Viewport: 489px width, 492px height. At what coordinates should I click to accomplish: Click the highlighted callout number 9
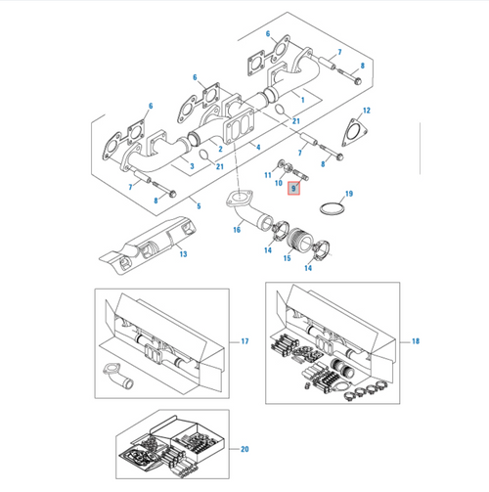point(292,186)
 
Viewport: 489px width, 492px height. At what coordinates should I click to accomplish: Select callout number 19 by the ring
point(348,195)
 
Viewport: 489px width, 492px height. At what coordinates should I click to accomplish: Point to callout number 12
point(365,112)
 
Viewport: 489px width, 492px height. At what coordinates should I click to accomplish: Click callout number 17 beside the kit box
point(244,342)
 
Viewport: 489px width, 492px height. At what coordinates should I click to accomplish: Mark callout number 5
point(197,206)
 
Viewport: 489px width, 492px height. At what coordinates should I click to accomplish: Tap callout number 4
point(256,147)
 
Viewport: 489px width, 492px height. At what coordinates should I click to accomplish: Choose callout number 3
point(192,167)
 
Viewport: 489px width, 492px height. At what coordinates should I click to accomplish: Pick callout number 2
point(221,149)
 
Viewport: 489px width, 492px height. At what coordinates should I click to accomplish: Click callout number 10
point(277,183)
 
